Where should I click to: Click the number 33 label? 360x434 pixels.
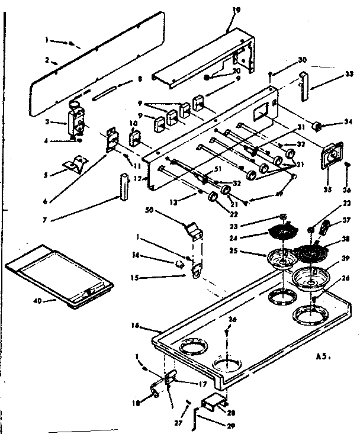pos(349,74)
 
